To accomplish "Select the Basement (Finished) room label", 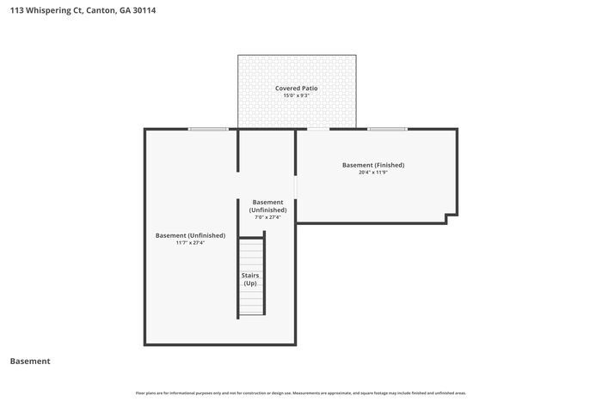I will (373, 165).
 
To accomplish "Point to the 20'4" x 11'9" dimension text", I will (373, 173).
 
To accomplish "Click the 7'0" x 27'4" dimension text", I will (267, 217).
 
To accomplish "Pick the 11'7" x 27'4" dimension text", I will (190, 243).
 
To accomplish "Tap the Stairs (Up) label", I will (250, 279).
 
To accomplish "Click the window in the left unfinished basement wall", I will (208, 130).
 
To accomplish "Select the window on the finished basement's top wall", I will (386, 130).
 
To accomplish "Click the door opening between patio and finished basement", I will (317, 130).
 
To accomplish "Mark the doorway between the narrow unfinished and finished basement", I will (296, 187).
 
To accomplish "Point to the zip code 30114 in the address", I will (144, 11).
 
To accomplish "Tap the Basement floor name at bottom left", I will (30, 362).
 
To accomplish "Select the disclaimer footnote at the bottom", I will (300, 393).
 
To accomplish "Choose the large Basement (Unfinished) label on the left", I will (190, 235).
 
